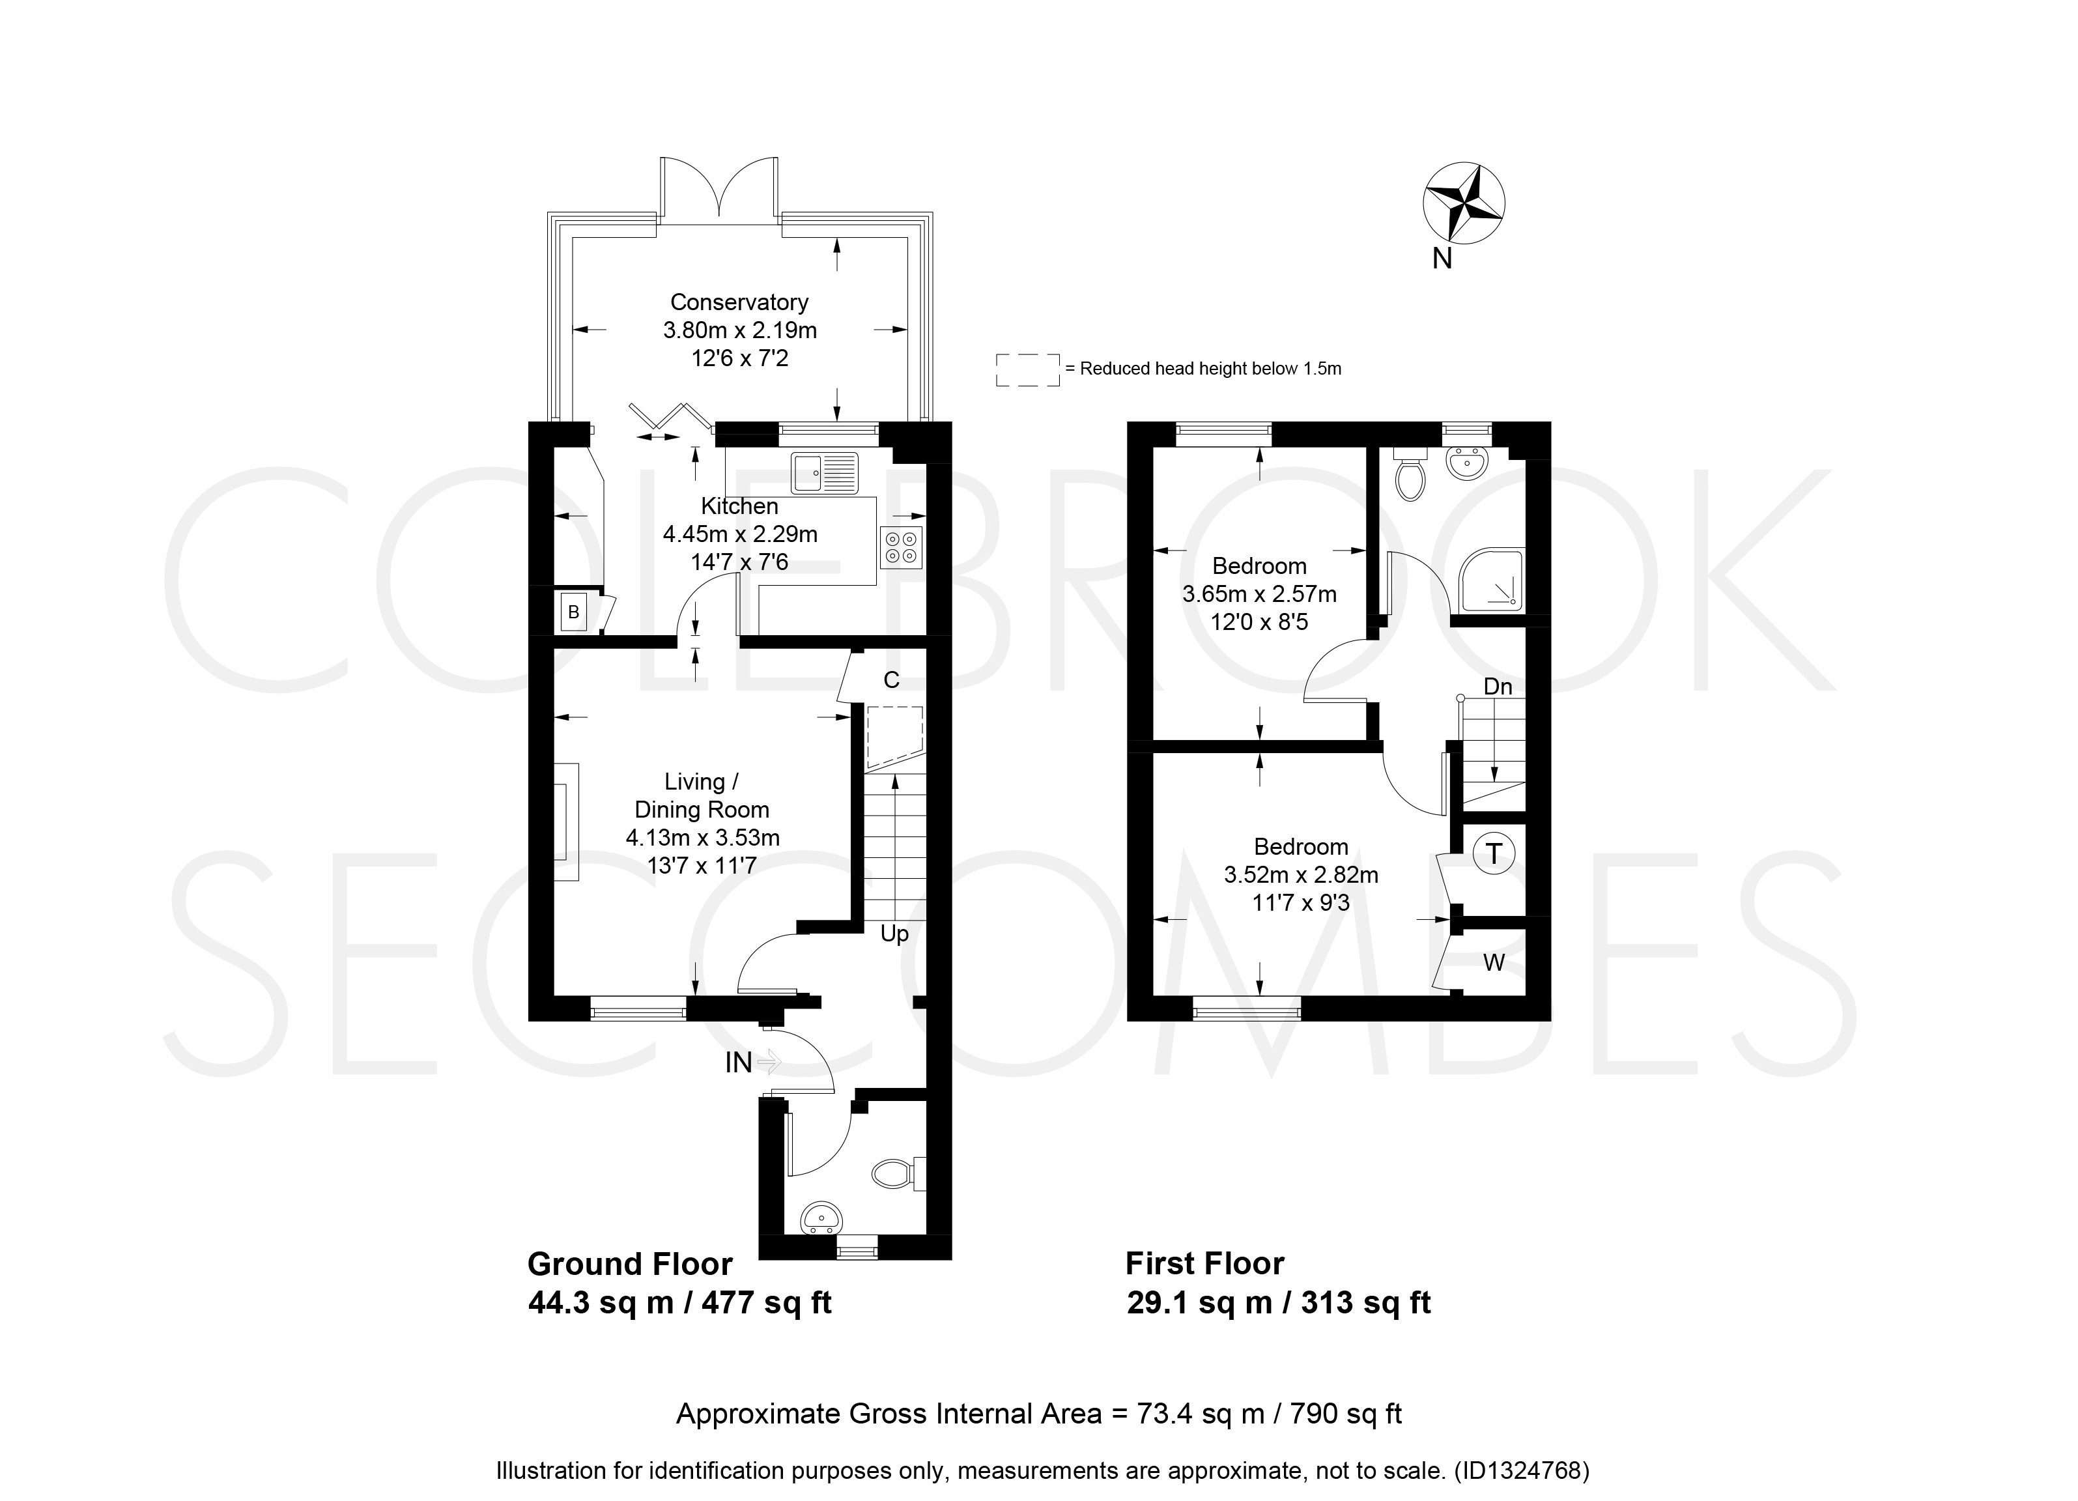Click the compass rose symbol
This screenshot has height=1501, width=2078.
pos(1463,203)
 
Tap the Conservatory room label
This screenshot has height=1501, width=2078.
pos(739,302)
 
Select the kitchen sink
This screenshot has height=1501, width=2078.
pos(825,473)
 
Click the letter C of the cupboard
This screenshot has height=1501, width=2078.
pos(890,680)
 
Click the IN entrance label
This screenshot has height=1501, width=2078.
pos(739,1062)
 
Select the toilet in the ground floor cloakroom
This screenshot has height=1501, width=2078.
pos(898,1173)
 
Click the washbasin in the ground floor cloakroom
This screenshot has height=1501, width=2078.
pos(822,1217)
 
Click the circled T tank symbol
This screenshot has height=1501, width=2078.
pos(1494,854)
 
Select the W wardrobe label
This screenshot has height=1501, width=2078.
pos(1494,963)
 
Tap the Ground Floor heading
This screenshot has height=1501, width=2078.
pos(631,1265)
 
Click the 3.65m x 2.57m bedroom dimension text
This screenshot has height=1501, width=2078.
pos(1259,593)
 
